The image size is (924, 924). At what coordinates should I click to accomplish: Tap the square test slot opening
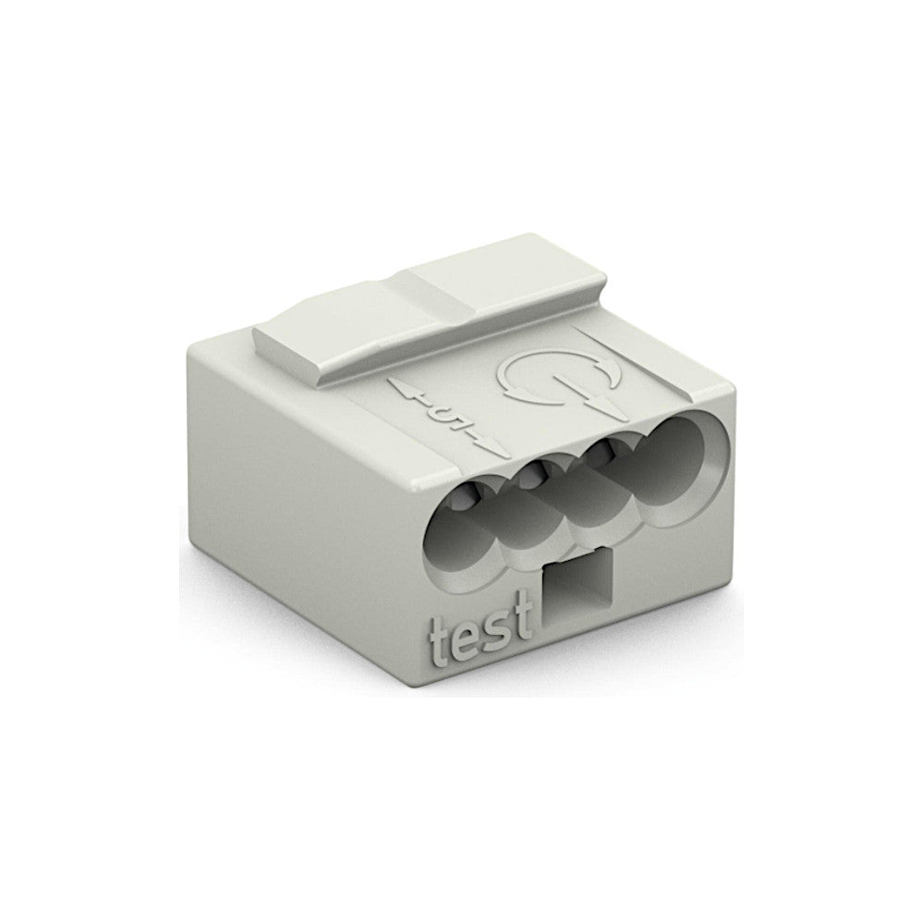pos(577,598)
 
